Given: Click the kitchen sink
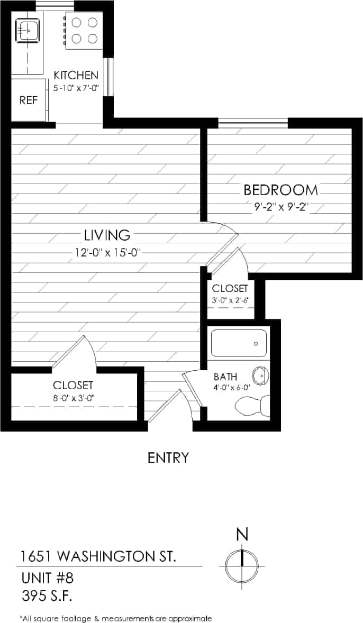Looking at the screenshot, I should (26, 31).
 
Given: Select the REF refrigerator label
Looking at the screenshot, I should (29, 100).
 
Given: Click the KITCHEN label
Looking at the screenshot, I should (76, 75).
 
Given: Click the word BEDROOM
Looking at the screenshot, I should (280, 189).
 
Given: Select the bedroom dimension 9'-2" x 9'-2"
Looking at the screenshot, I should (280, 207).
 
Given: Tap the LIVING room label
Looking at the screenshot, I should (107, 234).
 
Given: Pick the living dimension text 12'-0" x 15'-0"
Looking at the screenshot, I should (108, 252).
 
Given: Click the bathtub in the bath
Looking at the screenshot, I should (239, 343).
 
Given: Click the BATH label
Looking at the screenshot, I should (225, 377).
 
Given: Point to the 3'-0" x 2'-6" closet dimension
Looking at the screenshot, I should (230, 300).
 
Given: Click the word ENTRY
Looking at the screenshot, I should (168, 457).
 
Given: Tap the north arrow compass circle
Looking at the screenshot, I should (241, 565).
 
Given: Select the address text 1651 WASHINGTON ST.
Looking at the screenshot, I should (98, 556).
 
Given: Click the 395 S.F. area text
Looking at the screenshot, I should (47, 596).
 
